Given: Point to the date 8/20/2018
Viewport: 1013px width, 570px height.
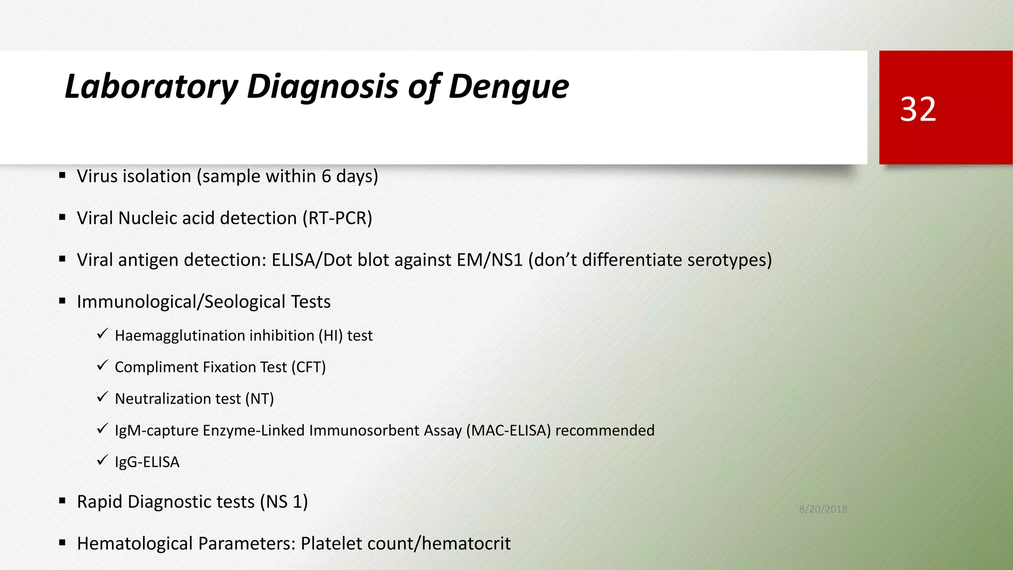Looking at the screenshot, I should tap(823, 509).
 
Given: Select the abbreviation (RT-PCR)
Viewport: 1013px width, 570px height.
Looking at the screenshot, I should tap(337, 218).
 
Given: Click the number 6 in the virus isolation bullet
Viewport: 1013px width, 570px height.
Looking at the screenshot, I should tap(326, 177).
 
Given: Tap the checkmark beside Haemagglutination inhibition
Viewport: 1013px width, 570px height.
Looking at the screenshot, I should tap(102, 334).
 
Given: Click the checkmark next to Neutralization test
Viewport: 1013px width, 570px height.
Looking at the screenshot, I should tap(102, 397).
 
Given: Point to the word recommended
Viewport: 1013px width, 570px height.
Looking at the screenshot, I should tap(605, 430).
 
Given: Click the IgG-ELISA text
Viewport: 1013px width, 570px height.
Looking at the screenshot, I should tap(147, 462).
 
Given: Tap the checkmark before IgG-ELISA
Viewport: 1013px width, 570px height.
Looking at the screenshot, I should tap(102, 461).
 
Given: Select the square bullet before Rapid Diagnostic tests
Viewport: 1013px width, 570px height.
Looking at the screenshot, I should tap(62, 501).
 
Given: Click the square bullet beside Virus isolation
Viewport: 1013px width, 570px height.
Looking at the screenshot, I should tap(62, 175).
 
